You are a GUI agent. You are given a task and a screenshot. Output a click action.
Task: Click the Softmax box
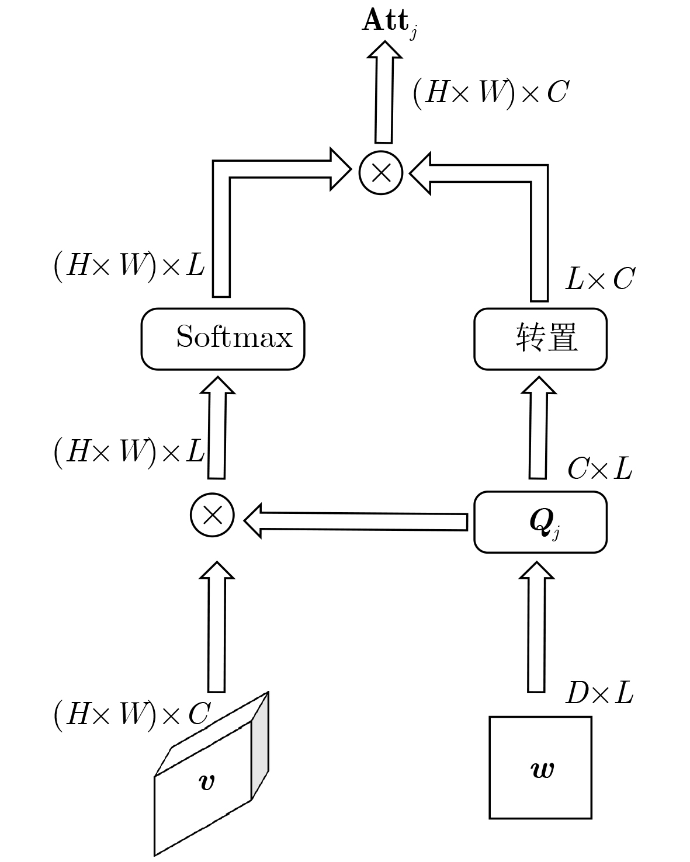(x=223, y=339)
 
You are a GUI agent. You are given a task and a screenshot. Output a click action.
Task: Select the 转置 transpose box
(x=540, y=339)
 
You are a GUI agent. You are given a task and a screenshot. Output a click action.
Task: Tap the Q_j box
(x=540, y=522)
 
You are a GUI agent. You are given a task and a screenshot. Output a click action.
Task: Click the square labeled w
(x=540, y=767)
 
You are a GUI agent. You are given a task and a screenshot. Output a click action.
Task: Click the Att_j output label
(x=389, y=22)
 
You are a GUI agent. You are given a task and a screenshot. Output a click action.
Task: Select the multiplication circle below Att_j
(x=381, y=172)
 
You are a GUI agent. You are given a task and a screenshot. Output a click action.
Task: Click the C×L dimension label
(x=599, y=468)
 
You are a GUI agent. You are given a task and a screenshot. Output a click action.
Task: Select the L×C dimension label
(x=599, y=279)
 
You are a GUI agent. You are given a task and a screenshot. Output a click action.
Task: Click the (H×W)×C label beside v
(x=131, y=714)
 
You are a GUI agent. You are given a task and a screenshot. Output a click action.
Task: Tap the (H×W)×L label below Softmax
(x=129, y=451)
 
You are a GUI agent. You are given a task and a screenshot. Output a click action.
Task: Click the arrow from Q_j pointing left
(x=356, y=521)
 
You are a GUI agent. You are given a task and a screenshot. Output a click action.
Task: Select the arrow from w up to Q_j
(x=536, y=628)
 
